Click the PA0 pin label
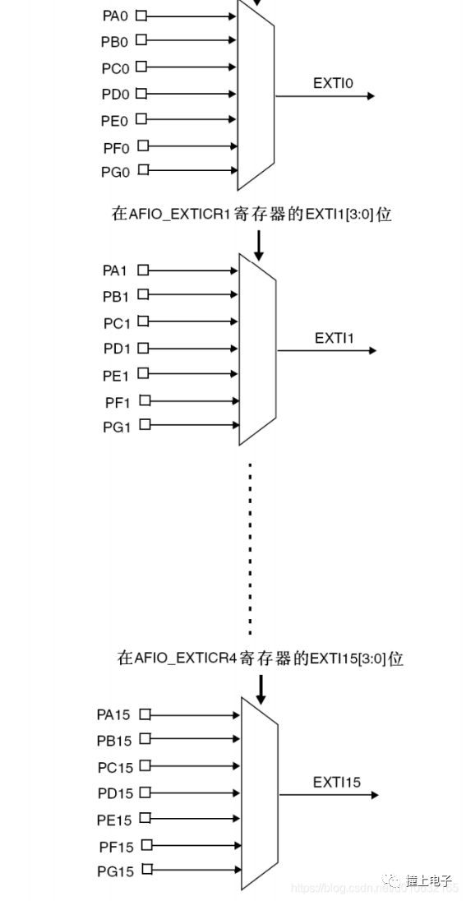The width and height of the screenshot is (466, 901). coord(114,16)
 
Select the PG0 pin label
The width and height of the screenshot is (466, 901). coord(114,172)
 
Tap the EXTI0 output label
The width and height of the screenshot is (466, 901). coord(333,83)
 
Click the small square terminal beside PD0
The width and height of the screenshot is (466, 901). coord(141,94)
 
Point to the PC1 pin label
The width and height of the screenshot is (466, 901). coord(116,323)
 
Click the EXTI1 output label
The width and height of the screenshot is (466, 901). coord(335,338)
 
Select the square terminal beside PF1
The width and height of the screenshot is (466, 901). coord(145,400)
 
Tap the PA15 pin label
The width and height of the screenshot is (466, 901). coord(113,715)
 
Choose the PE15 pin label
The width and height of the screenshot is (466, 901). coord(113,820)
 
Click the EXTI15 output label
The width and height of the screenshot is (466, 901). coord(336,782)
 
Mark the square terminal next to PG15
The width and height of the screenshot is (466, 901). coord(147,870)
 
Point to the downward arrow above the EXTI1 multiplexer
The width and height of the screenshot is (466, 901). coord(259,246)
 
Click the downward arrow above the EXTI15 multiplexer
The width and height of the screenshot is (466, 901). coord(261,689)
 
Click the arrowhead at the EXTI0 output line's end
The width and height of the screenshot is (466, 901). coord(371,96)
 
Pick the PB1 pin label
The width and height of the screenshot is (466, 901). coord(116,296)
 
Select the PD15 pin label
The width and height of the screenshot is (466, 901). coord(113,794)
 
